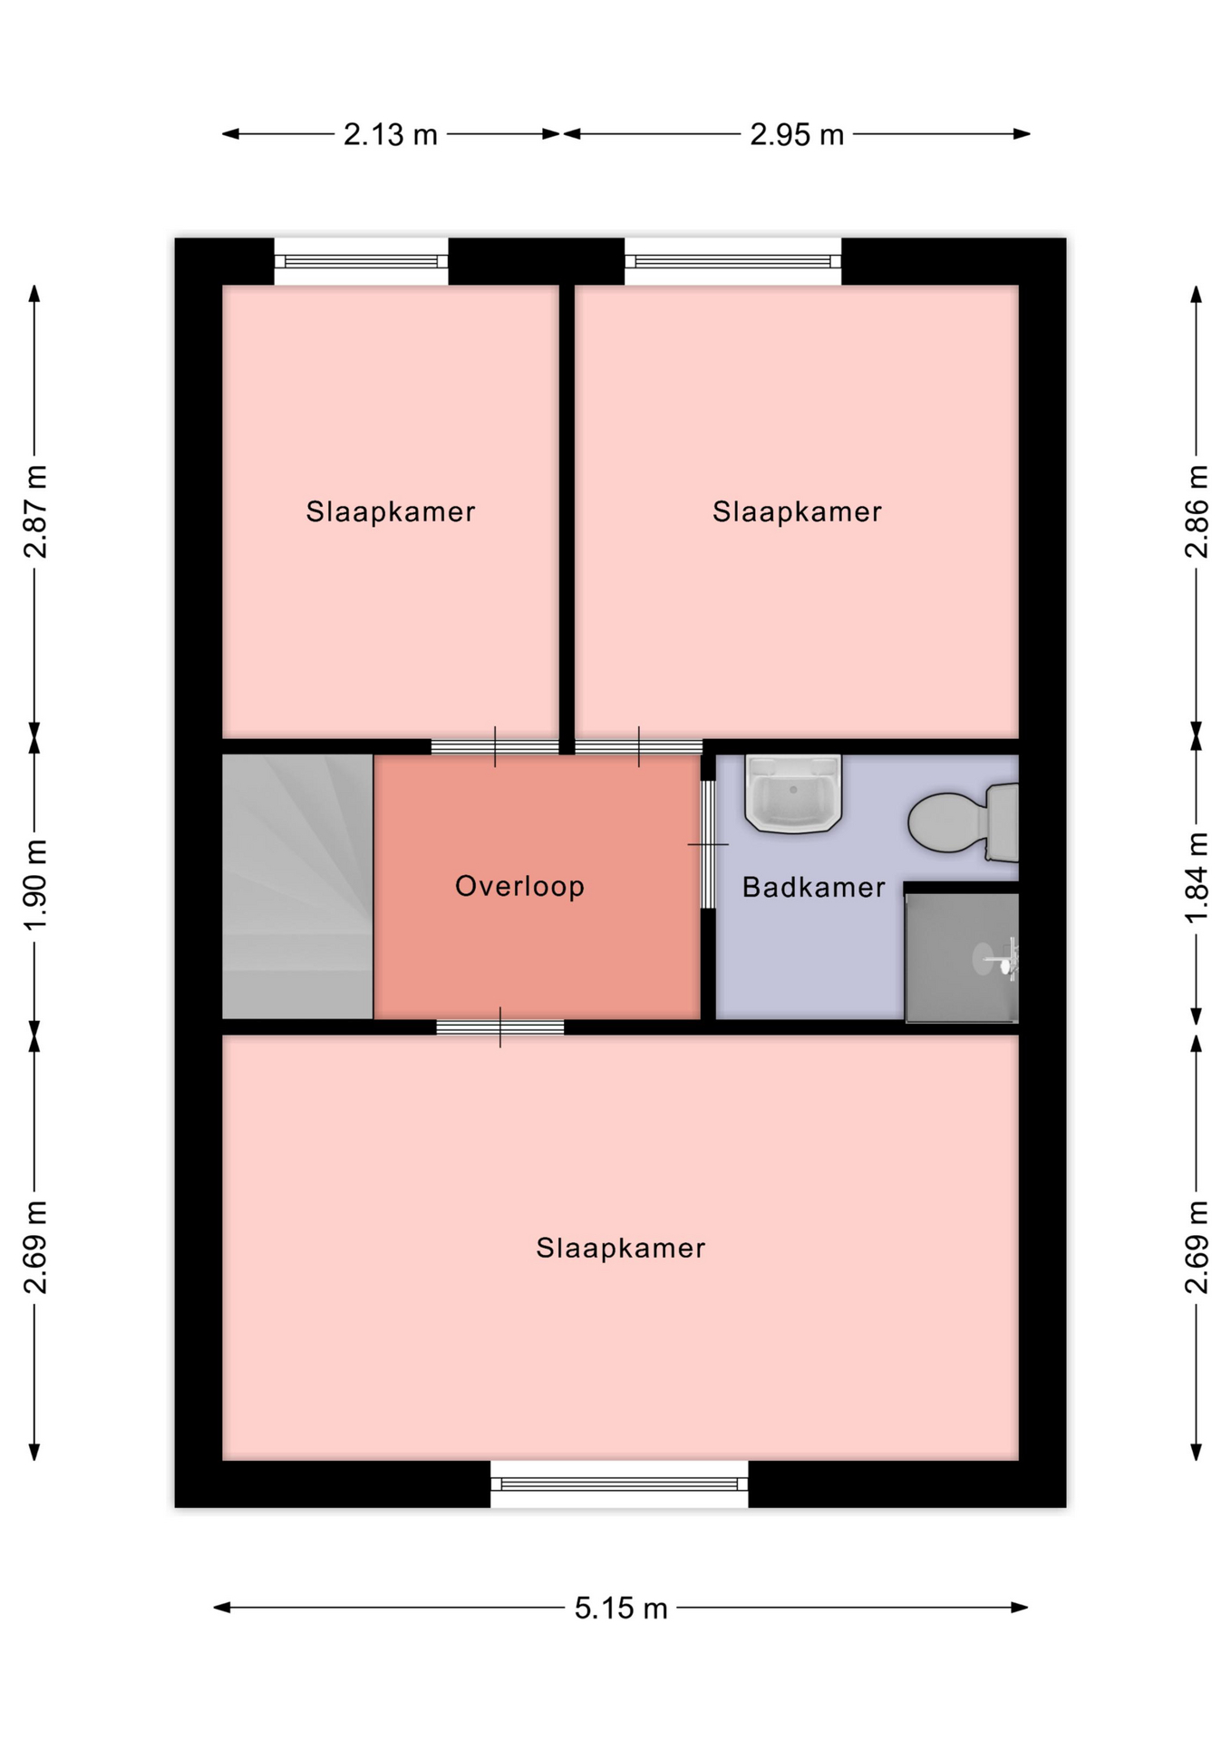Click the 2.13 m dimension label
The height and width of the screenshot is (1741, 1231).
[390, 135]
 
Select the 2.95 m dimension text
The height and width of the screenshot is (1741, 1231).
[797, 135]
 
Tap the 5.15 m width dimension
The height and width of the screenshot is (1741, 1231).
[621, 1609]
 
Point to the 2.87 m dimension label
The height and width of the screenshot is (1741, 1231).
[35, 511]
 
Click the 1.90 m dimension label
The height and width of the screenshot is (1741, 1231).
[35, 885]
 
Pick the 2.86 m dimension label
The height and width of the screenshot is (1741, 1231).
[1197, 511]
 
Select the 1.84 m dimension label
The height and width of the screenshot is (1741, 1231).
[1197, 878]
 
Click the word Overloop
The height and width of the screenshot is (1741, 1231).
[519, 886]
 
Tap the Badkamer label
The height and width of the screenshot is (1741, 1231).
[813, 887]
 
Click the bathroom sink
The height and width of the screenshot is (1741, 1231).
[793, 793]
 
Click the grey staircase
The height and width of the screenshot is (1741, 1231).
[297, 887]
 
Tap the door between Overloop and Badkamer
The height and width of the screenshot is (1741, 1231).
[708, 844]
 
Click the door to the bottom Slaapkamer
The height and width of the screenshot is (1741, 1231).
[500, 1027]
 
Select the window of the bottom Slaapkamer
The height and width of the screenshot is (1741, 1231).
[619, 1484]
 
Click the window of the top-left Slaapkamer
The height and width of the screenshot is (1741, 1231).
[361, 261]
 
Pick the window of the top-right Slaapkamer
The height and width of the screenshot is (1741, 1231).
[732, 261]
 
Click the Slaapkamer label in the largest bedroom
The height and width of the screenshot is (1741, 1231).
[621, 1249]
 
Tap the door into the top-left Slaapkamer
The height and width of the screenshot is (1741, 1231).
[495, 747]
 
